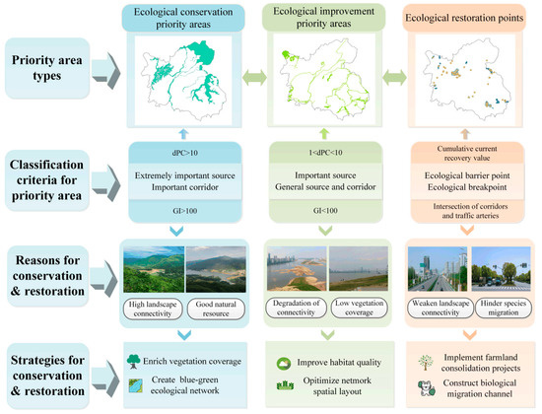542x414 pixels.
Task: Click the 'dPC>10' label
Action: [187, 154]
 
